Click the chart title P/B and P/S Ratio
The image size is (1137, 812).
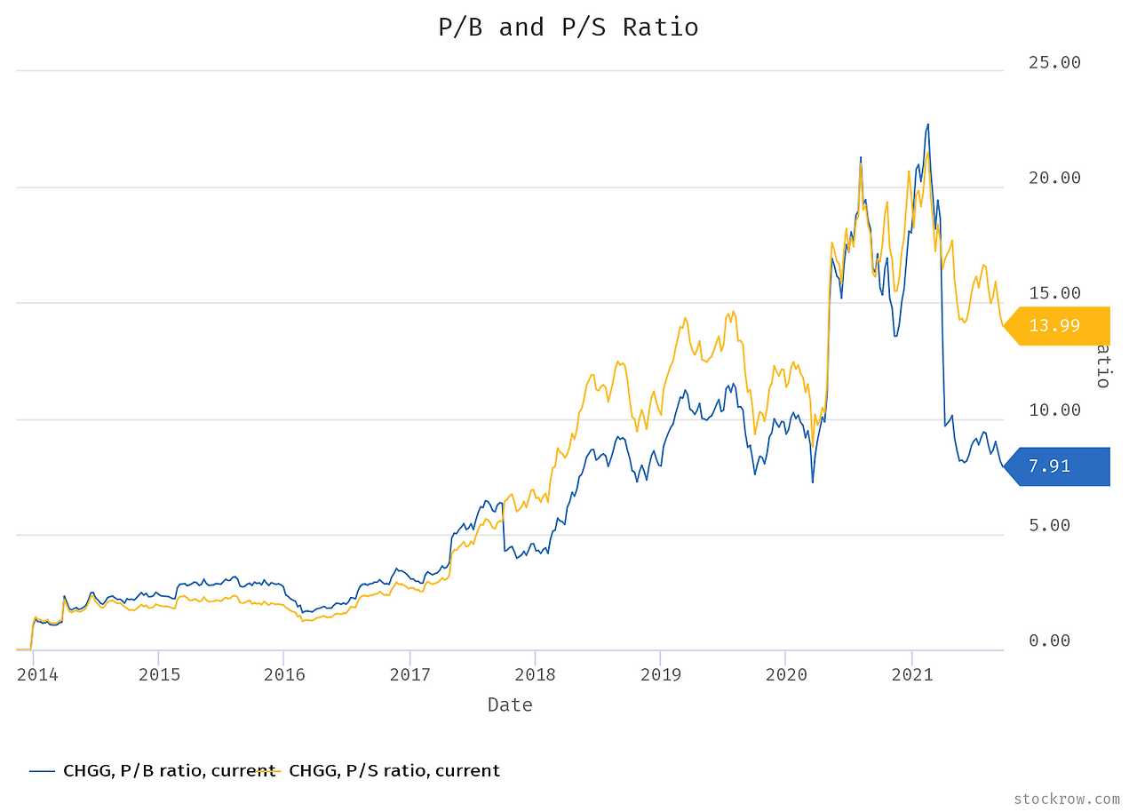click(568, 28)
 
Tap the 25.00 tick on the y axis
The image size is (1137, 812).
click(1054, 62)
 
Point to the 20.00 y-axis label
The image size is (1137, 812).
click(1054, 178)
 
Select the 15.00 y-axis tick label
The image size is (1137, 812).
click(1054, 293)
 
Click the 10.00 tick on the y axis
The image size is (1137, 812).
click(1054, 410)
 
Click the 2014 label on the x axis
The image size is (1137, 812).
click(37, 674)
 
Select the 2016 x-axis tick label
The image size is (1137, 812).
click(284, 674)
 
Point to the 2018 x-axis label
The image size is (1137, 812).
click(535, 674)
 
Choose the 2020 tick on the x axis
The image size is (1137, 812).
click(786, 674)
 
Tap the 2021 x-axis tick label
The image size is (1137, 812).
click(911, 674)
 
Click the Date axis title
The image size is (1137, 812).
click(510, 705)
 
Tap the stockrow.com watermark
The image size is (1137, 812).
click(1066, 800)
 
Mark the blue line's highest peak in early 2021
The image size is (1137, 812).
click(927, 124)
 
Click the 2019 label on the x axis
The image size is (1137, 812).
click(660, 674)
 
